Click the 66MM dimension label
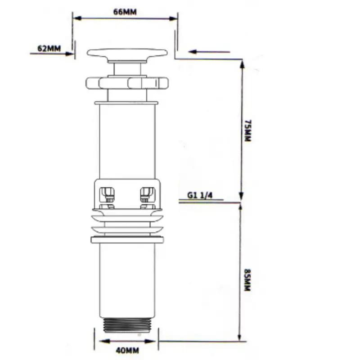pyautogui.click(x=125, y=12)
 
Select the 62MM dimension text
pyautogui.click(x=49, y=49)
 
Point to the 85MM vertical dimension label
pyautogui.click(x=247, y=280)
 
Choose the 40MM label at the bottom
pyautogui.click(x=127, y=351)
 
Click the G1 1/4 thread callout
pyautogui.click(x=200, y=195)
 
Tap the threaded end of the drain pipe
pyautogui.click(x=128, y=325)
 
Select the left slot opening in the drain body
pyautogui.click(x=107, y=195)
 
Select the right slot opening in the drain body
pyautogui.click(x=148, y=195)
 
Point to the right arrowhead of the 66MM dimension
pyautogui.click(x=173, y=18)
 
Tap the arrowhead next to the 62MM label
pyautogui.click(x=69, y=54)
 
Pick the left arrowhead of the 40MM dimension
pyautogui.click(x=104, y=341)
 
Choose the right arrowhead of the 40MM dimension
pyautogui.click(x=149, y=341)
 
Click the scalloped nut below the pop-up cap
pyautogui.click(x=127, y=83)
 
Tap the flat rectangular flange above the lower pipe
pyautogui.click(x=127, y=240)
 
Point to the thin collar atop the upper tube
pyautogui.click(x=126, y=103)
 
